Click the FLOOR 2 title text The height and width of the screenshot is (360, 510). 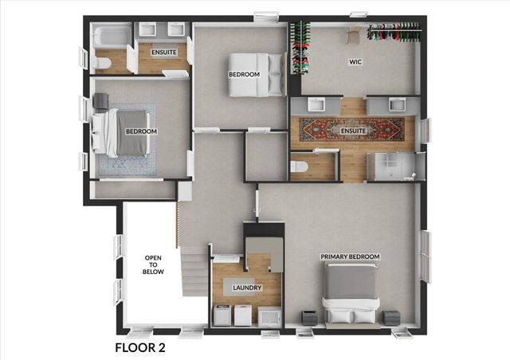click(140, 347)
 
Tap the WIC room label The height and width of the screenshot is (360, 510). click(355, 62)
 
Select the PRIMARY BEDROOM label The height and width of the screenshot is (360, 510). click(350, 256)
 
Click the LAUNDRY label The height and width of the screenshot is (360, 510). click(247, 288)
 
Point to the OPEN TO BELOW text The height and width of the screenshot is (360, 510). click(153, 264)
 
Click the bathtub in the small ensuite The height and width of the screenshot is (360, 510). click(112, 37)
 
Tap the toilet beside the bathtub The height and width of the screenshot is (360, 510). click(101, 63)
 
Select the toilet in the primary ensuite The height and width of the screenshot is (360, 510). click(299, 166)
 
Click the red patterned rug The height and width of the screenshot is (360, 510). click(352, 130)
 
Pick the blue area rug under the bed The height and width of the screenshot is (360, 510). click(127, 140)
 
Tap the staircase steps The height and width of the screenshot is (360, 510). click(194, 272)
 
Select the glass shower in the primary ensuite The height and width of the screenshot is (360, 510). click(394, 166)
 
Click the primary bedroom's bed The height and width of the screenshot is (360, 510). click(351, 294)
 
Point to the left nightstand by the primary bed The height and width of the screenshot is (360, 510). click(309, 318)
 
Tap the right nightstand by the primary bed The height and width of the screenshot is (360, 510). click(391, 318)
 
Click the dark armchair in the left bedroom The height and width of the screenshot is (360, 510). click(100, 101)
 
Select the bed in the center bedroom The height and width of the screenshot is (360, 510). click(256, 75)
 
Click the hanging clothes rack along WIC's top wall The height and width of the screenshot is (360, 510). click(394, 32)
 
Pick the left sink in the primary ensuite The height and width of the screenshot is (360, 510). click(316, 104)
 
